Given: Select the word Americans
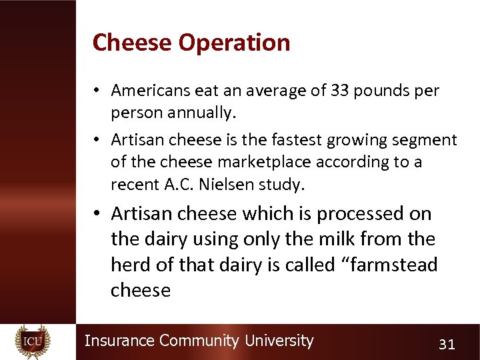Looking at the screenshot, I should click(x=150, y=90).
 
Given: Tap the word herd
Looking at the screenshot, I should click(x=131, y=265).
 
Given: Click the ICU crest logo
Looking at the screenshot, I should click(x=32, y=341).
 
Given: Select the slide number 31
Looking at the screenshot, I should click(x=447, y=344).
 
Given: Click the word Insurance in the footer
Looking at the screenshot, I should click(x=119, y=341).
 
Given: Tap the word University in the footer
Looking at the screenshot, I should click(x=279, y=341).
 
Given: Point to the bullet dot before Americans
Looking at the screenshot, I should click(x=97, y=91).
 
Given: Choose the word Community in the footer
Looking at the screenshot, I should click(x=199, y=341).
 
